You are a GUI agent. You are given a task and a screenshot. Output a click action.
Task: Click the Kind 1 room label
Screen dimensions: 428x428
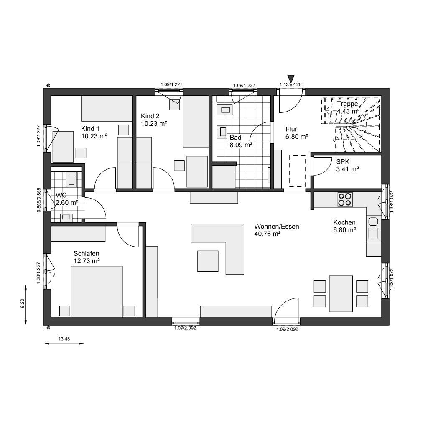tap(90, 129)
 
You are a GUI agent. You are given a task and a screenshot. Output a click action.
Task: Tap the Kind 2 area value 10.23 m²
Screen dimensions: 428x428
tap(154, 124)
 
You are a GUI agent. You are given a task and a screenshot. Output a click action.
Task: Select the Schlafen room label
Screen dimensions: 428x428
tap(86, 254)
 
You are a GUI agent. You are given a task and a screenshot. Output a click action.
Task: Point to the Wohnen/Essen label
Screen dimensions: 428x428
tap(277, 226)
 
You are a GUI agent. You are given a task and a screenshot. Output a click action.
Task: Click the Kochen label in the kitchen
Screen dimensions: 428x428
tap(344, 222)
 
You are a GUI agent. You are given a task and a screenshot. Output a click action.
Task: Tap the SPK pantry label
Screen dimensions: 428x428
tap(343, 162)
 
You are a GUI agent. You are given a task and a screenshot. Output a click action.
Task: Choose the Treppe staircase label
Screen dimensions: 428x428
tap(347, 104)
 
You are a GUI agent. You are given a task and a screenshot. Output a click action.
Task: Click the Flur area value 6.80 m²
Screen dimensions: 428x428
tap(297, 137)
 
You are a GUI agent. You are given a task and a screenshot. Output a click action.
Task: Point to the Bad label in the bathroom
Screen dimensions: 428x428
tap(236, 137)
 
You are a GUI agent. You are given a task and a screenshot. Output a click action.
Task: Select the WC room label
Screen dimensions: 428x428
tap(61, 195)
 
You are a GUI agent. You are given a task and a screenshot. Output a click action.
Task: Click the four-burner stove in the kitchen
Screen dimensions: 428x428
tap(345, 199)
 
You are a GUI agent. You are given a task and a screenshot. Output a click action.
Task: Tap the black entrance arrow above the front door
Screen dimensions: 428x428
tap(291, 78)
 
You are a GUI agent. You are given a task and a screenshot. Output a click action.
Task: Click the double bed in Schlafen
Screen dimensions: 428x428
tap(97, 291)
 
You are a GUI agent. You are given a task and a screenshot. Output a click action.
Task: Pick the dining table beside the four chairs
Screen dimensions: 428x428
tap(341, 294)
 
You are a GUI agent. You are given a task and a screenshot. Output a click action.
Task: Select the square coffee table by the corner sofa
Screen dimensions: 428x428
tap(208, 261)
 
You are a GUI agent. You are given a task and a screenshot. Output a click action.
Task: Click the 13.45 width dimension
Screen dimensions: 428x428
tap(64, 339)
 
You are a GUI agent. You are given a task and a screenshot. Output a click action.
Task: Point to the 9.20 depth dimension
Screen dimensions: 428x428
tap(23, 303)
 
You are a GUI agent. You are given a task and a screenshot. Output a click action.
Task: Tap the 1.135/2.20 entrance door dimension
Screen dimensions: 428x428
tap(290, 84)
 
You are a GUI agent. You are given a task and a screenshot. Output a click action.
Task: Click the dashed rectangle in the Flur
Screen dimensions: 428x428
tap(297, 171)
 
